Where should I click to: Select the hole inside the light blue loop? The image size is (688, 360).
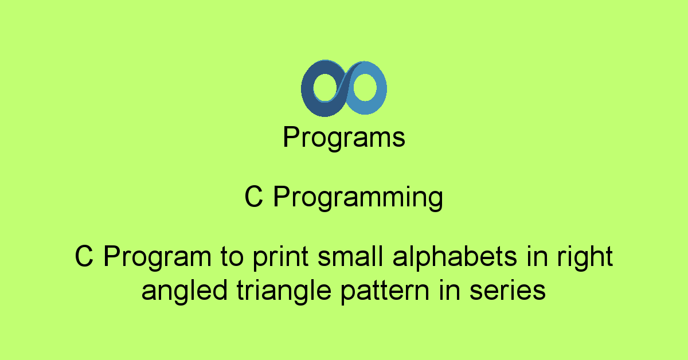click(365, 87)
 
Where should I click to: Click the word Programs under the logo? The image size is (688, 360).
click(344, 138)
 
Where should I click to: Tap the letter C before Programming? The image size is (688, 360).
click(253, 197)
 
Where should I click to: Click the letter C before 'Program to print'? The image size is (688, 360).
click(84, 256)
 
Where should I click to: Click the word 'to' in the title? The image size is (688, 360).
click(232, 257)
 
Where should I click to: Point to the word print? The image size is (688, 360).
click(280, 257)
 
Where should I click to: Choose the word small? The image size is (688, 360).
click(350, 256)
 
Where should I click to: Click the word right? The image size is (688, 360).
click(585, 257)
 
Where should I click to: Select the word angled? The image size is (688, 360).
click(184, 291)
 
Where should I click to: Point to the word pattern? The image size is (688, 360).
click(385, 291)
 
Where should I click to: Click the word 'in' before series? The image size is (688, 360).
click(449, 290)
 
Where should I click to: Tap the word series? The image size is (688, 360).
click(507, 291)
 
